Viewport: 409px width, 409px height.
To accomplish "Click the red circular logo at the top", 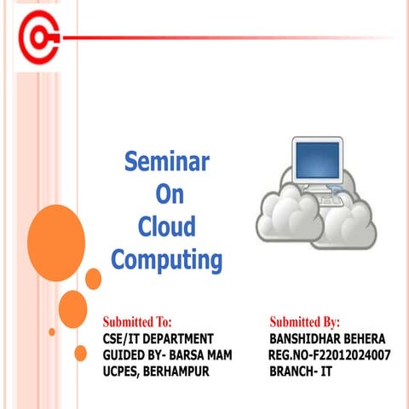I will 38,38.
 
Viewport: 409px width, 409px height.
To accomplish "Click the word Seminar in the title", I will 167,160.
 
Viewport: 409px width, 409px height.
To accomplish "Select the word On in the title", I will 167,193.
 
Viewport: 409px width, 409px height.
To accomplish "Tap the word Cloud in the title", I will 167,227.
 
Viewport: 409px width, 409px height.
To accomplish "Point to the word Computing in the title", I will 167,260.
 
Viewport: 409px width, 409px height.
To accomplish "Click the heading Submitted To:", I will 137,322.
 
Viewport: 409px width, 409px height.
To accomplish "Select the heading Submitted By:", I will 304,322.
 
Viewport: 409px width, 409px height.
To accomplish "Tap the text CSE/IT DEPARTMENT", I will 152,339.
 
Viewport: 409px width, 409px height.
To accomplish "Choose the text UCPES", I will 120,372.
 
